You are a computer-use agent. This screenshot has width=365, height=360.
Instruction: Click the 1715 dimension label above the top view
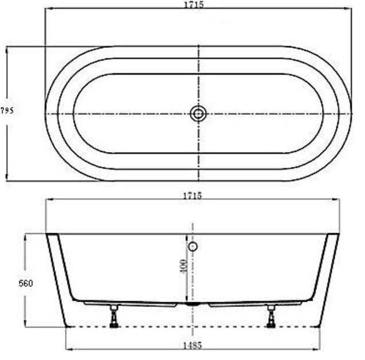pos(195,5)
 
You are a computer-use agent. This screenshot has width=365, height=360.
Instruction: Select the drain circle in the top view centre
pos(198,114)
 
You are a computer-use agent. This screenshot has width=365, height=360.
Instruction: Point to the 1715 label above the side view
pos(192,195)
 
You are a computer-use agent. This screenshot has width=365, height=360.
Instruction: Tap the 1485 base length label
pos(192,345)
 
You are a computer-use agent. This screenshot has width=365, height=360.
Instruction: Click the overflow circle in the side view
pos(193,247)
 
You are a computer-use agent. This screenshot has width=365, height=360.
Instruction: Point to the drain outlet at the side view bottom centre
pos(193,305)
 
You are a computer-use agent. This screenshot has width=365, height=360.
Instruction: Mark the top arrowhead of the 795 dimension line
pos(7,49)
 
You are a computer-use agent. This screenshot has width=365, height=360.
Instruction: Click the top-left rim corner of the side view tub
pos(47,234)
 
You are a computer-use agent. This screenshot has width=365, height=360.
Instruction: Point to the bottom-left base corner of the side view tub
pos(68,326)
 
